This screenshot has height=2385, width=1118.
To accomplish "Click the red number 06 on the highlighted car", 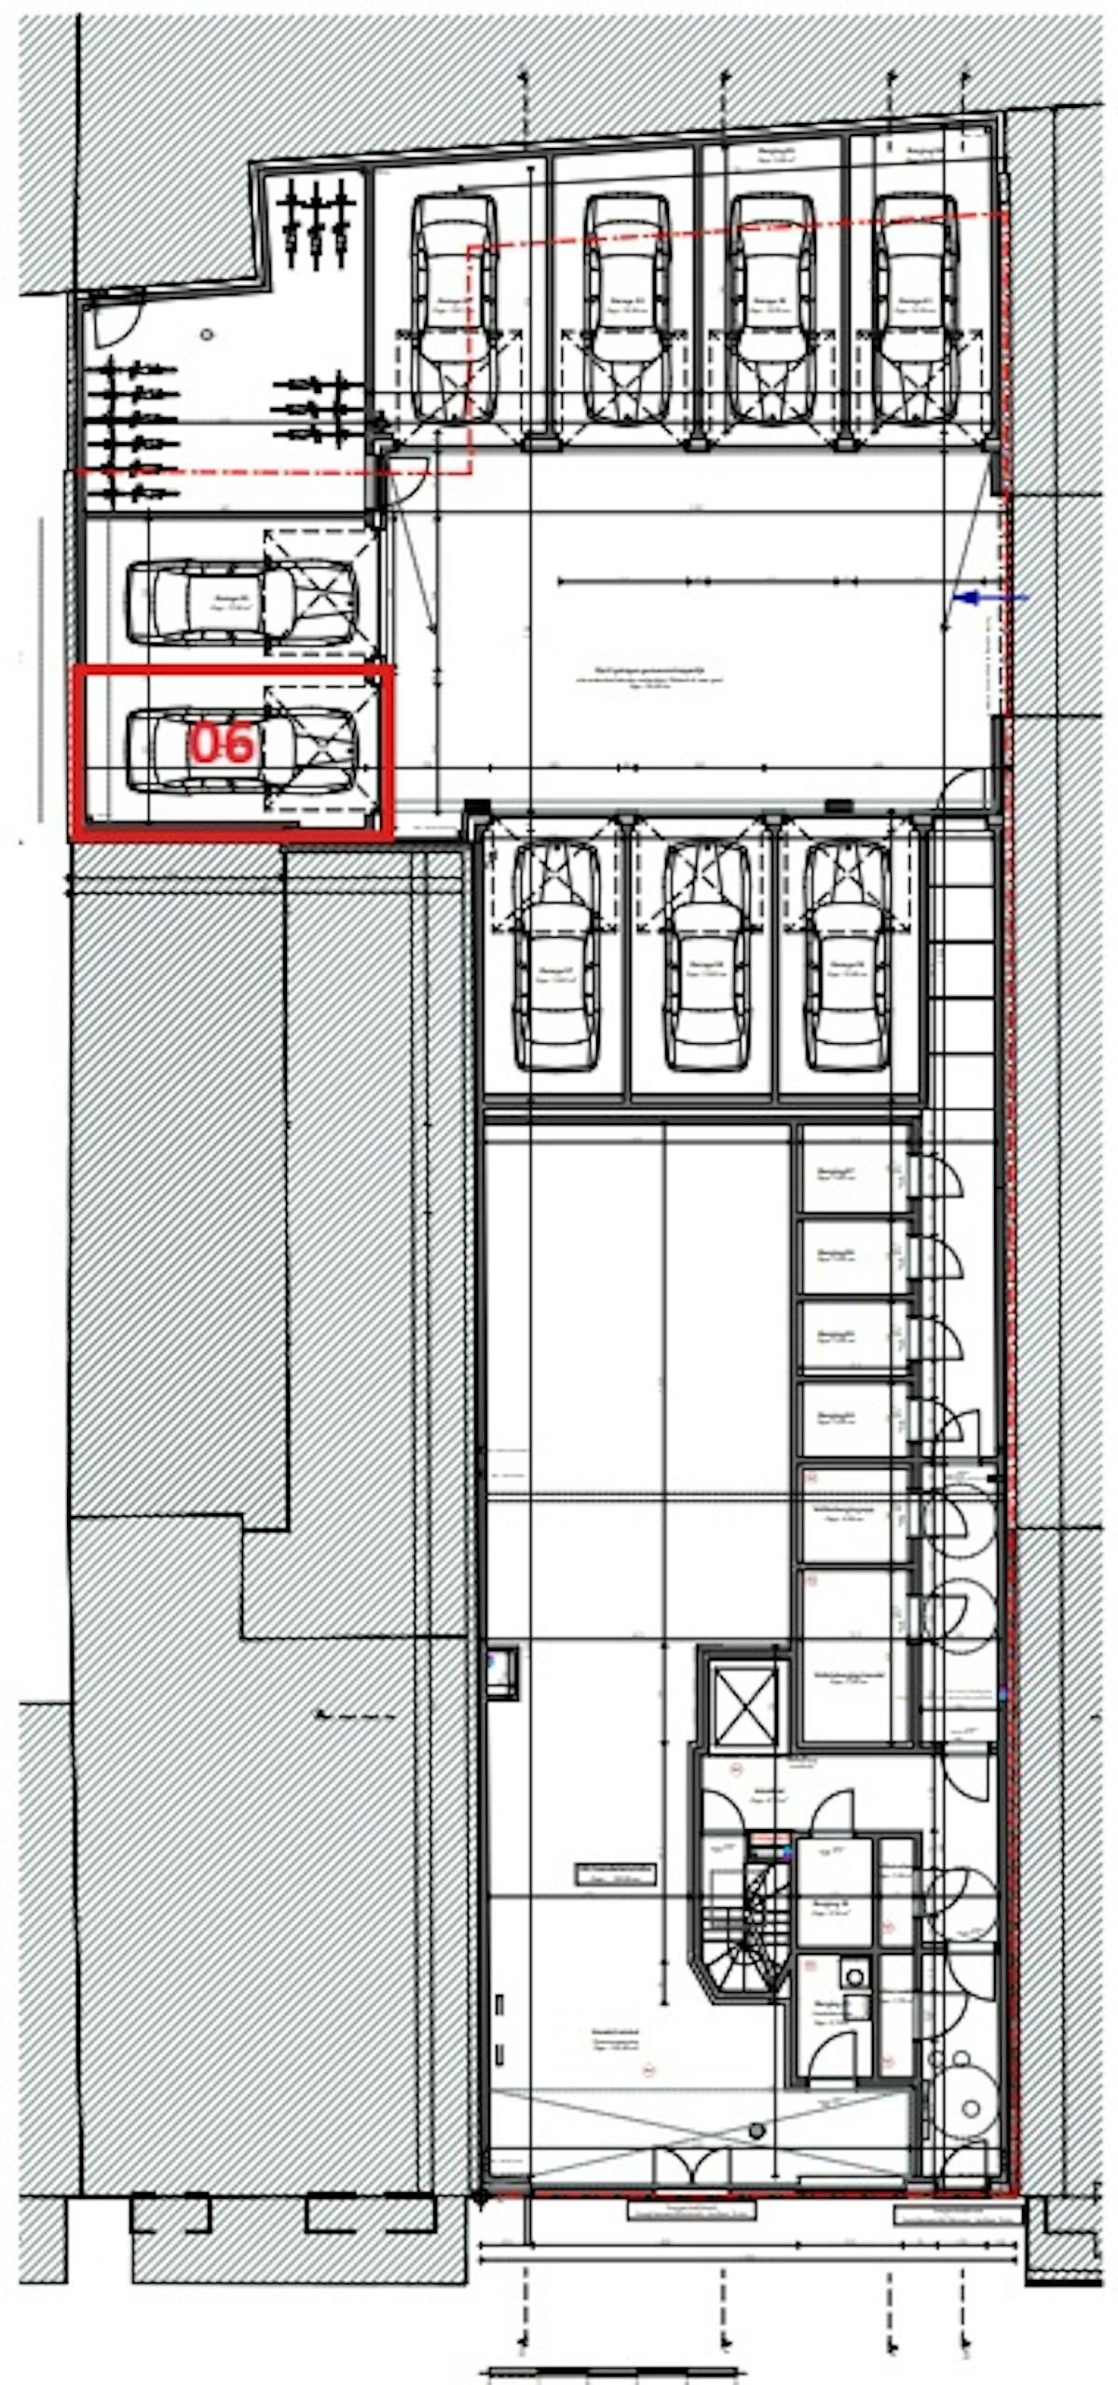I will click(x=222, y=745).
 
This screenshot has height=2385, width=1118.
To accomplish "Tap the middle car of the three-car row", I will click(x=706, y=956).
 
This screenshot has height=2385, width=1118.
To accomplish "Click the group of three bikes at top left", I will click(x=317, y=222).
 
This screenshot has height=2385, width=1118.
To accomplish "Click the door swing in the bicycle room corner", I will click(x=119, y=319).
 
